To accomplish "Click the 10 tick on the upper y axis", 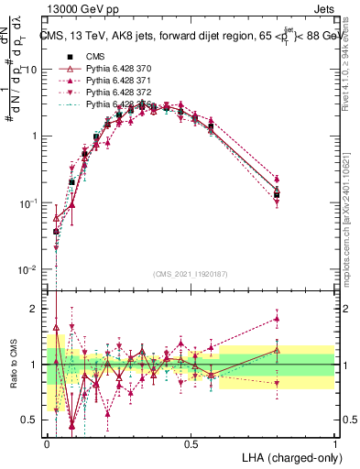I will click(x=32, y=70).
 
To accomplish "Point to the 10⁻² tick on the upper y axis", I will click(x=29, y=270).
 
